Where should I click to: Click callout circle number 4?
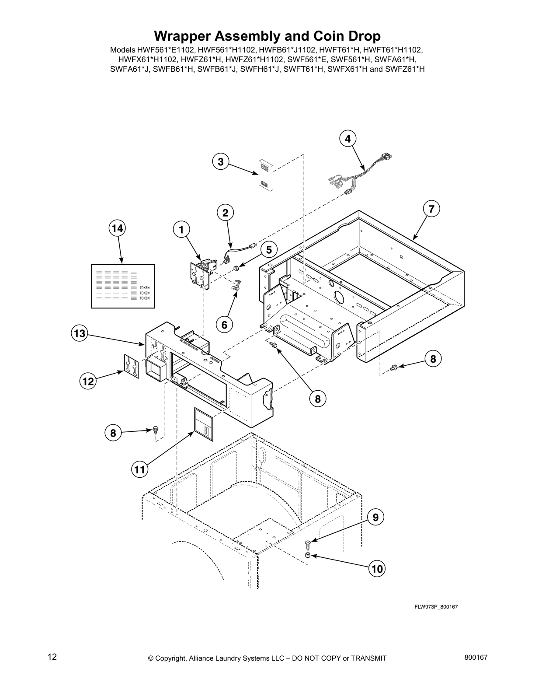347,139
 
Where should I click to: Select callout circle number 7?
431,209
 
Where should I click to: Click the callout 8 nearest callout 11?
113,433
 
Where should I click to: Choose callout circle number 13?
80,333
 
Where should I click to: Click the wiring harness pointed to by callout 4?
358,175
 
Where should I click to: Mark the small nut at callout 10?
308,556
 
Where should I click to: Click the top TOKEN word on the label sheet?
144,288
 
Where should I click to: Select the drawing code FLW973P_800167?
436,607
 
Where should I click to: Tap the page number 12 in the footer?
52,657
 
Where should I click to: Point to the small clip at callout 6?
236,285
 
